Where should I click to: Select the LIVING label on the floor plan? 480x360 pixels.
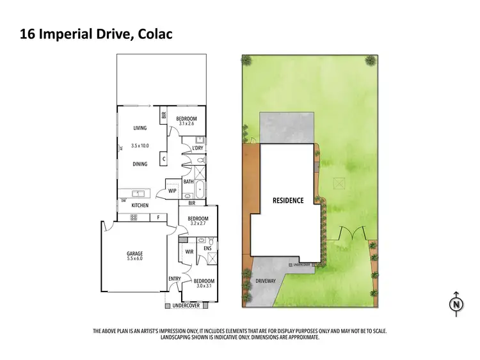click(140, 128)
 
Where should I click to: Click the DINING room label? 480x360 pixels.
click(140, 164)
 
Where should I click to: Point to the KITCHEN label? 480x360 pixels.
click(140, 205)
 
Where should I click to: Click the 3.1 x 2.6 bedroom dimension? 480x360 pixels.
click(186, 125)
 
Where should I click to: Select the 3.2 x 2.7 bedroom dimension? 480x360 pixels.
click(198, 225)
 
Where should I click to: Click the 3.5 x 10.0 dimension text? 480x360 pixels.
click(140, 146)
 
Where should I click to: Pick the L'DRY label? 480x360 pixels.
click(198, 148)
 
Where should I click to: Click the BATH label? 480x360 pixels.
click(188, 182)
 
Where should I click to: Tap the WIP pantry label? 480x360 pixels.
click(172, 190)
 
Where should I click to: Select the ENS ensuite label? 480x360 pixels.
click(207, 247)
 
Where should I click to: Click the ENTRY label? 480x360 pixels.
click(174, 279)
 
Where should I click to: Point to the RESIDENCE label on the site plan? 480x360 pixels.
click(287, 200)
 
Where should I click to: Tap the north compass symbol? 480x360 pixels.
click(456, 304)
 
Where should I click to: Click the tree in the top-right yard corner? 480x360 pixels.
click(370, 61)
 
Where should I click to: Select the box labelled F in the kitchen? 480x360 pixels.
click(157, 217)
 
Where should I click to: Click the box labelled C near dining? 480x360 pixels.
click(164, 159)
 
